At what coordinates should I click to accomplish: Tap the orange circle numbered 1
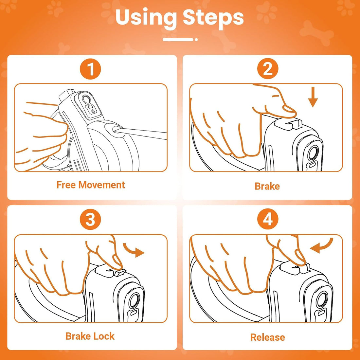point(90,69)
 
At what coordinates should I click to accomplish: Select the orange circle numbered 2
point(268,69)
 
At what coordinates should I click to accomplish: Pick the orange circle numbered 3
point(90,219)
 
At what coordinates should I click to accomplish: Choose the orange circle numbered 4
point(268,219)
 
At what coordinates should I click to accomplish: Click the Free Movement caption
point(91,185)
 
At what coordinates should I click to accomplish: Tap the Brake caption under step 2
point(267,186)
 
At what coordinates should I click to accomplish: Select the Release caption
point(268,337)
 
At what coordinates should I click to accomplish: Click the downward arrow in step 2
point(313,97)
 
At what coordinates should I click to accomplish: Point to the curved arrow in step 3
point(134,250)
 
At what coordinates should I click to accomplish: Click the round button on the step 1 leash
point(86,99)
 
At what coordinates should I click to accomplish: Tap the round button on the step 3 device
point(134,301)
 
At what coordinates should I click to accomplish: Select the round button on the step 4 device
point(322,300)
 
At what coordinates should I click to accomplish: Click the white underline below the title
point(180,40)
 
